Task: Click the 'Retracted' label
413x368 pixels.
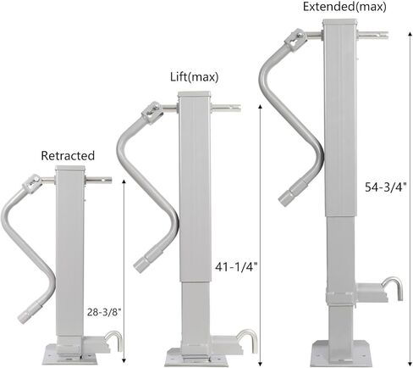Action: tap(68, 156)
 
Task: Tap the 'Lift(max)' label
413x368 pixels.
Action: tap(194, 77)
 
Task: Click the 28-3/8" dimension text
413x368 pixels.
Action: tap(104, 311)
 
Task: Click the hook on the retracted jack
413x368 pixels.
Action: tap(113, 340)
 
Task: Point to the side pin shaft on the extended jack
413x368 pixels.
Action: tap(372, 36)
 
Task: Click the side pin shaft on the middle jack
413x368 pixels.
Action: tap(225, 108)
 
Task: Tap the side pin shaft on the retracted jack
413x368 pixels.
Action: tap(99, 180)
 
